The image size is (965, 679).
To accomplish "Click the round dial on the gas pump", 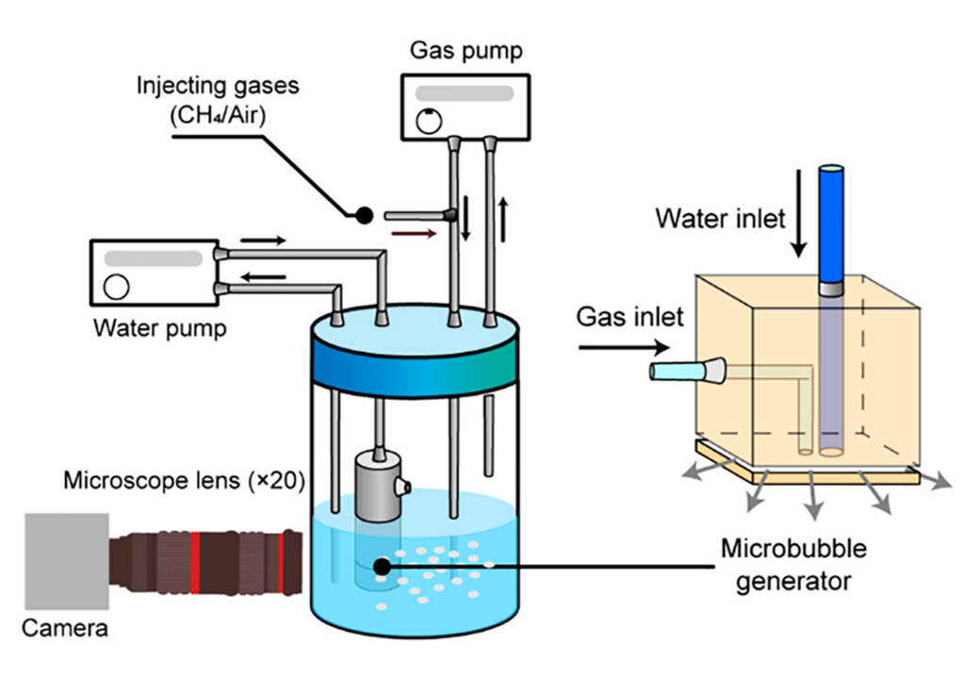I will [429, 120].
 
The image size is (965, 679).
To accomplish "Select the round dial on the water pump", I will [117, 287].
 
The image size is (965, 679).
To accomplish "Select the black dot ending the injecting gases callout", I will [364, 216].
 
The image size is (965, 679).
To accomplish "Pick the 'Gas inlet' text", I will [630, 316].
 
